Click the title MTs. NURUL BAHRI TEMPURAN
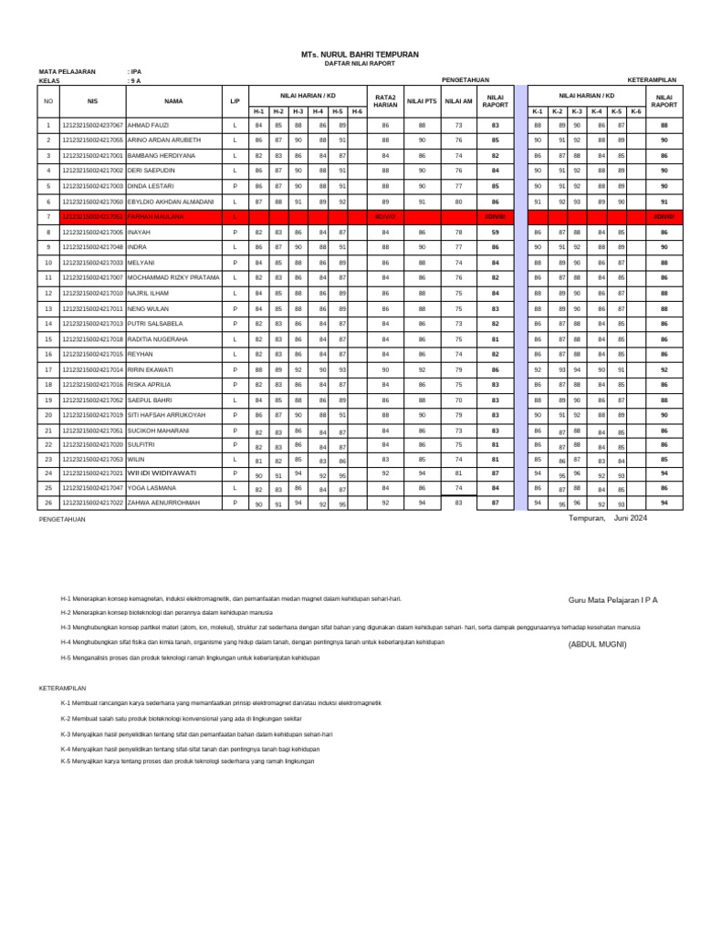coord(360,55)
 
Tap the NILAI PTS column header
coord(422,101)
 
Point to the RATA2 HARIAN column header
coord(385,101)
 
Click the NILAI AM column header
coord(458,101)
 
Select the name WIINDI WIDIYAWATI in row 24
coord(162,474)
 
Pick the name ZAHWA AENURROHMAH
coord(163,503)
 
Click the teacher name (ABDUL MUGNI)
coord(598,644)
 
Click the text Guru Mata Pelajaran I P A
coord(612,600)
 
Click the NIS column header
coord(92,101)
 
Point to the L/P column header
coord(235,101)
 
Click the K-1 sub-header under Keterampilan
coord(538,111)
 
